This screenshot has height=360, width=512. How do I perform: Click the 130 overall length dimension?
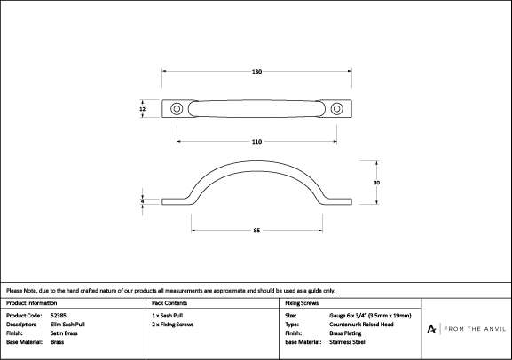(256, 72)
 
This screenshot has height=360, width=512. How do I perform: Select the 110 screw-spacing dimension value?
(256, 142)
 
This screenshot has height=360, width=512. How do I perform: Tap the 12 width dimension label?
(142, 109)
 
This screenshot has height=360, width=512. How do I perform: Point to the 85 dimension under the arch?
(256, 231)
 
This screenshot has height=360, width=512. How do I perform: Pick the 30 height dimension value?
(376, 183)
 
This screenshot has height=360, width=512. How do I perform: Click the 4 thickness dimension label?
(142, 201)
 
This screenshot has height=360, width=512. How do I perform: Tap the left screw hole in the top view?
(177, 109)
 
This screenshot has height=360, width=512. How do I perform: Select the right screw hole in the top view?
(336, 109)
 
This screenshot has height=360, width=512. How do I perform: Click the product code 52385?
(59, 316)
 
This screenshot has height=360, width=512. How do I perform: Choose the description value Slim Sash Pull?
(67, 325)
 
